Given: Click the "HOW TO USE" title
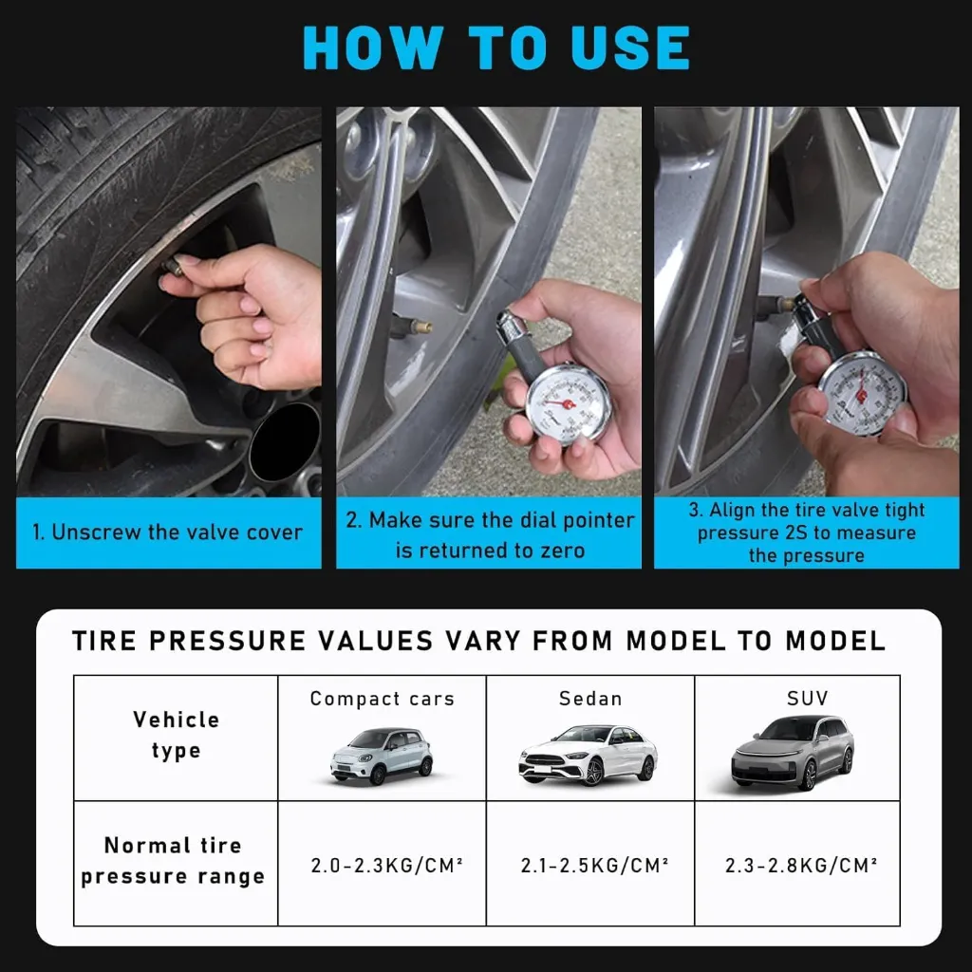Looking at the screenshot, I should pyautogui.click(x=495, y=47).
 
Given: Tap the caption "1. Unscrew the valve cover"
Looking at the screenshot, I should pyautogui.click(x=167, y=533).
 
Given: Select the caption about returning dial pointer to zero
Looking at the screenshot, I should pyautogui.click(x=489, y=535).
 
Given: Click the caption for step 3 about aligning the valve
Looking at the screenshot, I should pyautogui.click(x=806, y=533).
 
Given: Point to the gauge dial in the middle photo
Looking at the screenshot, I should pyautogui.click(x=567, y=402).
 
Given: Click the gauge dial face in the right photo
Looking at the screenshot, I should pyautogui.click(x=862, y=392).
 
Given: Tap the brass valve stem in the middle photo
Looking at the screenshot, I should pyautogui.click(x=419, y=327).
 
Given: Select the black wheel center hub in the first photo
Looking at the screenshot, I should pyautogui.click(x=285, y=441).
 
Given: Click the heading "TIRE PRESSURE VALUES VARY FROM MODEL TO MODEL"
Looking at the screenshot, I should pyautogui.click(x=478, y=641).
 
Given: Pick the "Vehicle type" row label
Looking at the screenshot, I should pyautogui.click(x=176, y=735).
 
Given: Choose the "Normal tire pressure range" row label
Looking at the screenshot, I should pyautogui.click(x=174, y=861).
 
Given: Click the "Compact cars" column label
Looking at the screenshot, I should pyautogui.click(x=382, y=700).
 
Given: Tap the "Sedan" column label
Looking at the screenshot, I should pyautogui.click(x=589, y=700).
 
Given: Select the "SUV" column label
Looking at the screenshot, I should pyautogui.click(x=807, y=699).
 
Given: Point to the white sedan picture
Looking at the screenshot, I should pyautogui.click(x=588, y=755).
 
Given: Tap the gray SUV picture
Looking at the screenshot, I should pyautogui.click(x=793, y=753).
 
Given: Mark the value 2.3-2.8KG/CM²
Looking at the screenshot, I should pyautogui.click(x=800, y=866).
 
